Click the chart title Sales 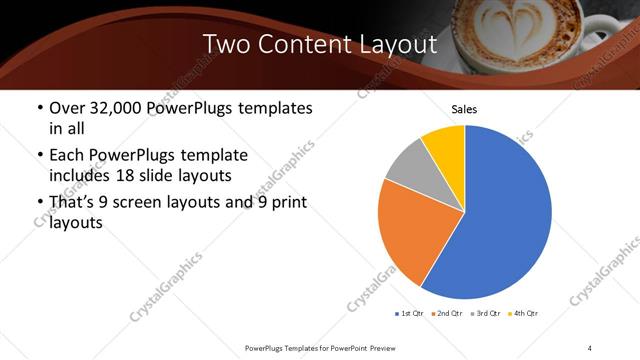point(465,108)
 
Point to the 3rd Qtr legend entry point(484,314)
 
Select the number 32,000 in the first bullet point(122,108)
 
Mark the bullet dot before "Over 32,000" point(39,108)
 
